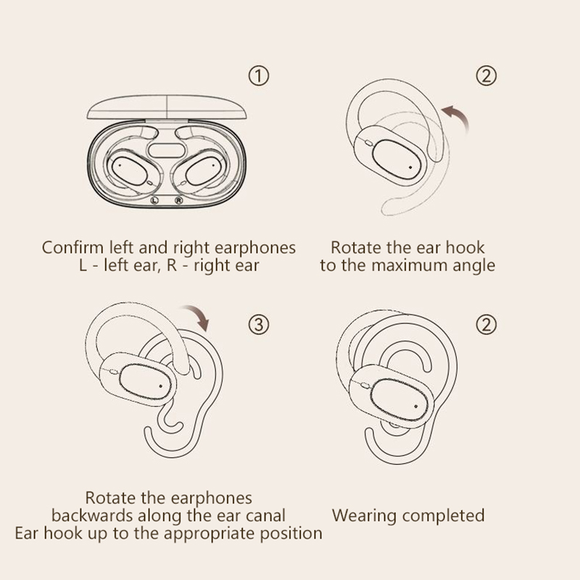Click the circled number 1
259,75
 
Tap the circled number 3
259,324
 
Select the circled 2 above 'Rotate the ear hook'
487,75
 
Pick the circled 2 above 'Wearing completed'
487,324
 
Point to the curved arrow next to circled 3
197,317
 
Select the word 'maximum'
412,265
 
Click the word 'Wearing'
364,515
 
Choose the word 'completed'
443,515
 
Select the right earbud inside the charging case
207,168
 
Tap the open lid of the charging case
167,107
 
